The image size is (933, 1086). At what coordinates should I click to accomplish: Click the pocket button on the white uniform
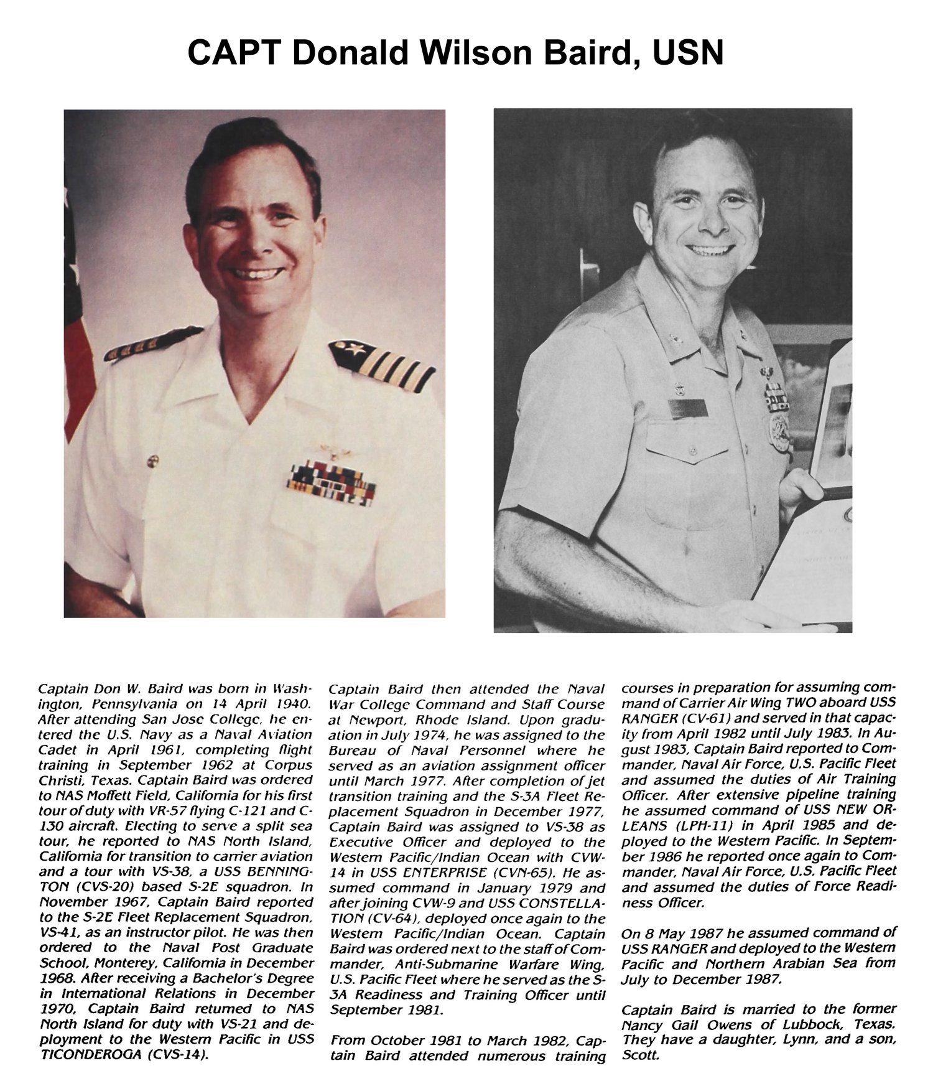click(x=151, y=462)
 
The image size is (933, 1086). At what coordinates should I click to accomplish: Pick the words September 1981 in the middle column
click(x=386, y=1010)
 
